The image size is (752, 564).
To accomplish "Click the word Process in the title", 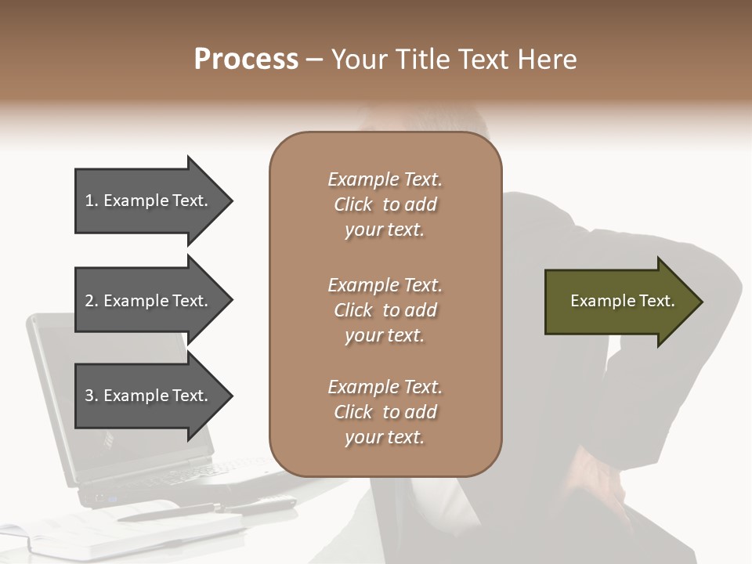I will point(246,60).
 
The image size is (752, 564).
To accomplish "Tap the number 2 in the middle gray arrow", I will point(90,301).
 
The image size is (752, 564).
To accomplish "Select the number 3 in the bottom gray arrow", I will point(90,396).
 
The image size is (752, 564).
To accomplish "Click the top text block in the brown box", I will point(385,204).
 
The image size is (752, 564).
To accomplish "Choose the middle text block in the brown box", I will point(385,310).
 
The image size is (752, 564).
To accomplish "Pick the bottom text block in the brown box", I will point(385,412).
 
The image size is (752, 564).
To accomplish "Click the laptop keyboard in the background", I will point(196,475).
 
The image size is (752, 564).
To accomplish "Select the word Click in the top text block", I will point(353,204).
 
